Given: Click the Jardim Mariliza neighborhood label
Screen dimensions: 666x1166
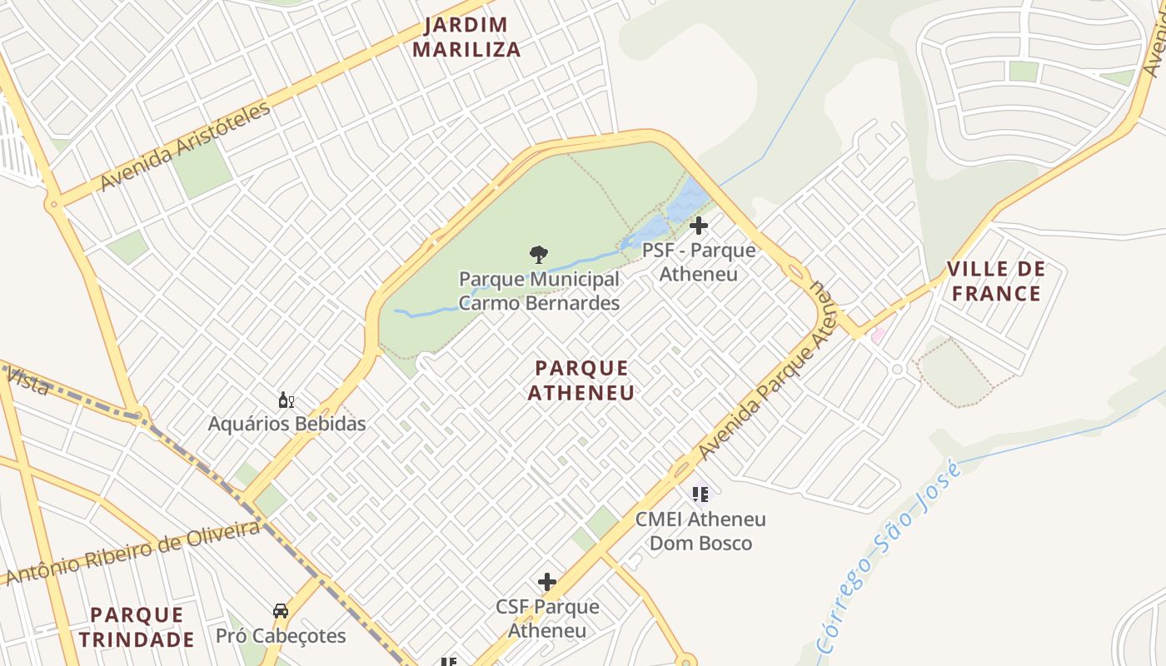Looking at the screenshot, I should coord(466,37).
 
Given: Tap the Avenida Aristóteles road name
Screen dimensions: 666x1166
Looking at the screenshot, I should coord(185,147).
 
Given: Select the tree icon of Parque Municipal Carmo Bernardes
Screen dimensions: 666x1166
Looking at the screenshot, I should coord(539,254).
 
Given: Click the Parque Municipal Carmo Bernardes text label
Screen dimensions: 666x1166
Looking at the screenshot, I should coord(539,291).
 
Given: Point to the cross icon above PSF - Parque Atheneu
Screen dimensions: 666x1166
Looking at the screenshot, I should coord(699,226).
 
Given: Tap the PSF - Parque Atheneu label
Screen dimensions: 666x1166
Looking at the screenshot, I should coord(699,261).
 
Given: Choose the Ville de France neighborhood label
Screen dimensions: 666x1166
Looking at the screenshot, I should coord(996,281).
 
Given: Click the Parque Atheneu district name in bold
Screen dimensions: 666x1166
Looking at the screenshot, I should coord(581,380).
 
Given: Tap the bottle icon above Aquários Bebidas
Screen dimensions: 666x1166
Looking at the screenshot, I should coord(287,400).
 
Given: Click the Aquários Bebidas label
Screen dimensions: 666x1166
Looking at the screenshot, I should coord(287,424).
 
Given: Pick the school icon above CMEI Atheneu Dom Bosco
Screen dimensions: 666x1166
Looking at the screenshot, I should coord(700,495).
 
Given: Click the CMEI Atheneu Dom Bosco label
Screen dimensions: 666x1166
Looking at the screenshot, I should coord(700,531).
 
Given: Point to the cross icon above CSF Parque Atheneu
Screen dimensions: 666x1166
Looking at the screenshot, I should coord(547,582).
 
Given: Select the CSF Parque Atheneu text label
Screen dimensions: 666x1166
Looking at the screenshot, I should coord(547,618).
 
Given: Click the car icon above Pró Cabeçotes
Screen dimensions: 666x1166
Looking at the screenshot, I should coord(281,612).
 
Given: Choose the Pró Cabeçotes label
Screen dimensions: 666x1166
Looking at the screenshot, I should coord(281,636).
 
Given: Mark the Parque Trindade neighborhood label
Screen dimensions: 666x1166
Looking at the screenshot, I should coord(137,627).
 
